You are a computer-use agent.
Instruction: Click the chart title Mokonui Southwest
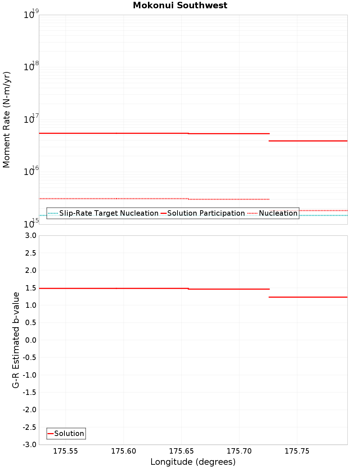click(180, 5)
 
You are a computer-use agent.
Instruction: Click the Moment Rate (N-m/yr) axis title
click(6, 120)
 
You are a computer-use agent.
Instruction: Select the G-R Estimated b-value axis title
click(16, 340)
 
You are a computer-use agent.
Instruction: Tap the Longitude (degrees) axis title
click(193, 462)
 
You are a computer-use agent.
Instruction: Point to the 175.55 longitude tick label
click(66, 451)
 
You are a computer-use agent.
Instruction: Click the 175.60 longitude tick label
click(123, 451)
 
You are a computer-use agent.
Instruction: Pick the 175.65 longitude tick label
click(181, 451)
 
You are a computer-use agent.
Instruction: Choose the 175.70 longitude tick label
click(239, 451)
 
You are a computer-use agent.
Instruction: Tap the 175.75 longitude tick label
click(297, 451)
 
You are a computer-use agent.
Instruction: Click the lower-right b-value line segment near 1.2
click(308, 297)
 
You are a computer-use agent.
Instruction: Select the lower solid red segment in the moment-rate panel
click(308, 141)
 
